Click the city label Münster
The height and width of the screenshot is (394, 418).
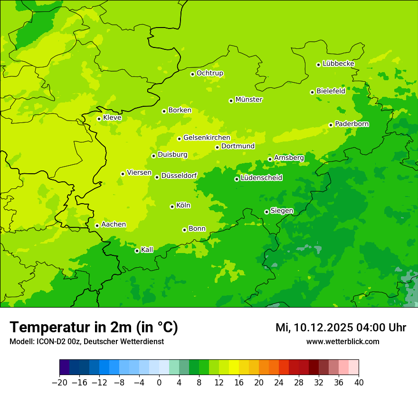tap(249, 100)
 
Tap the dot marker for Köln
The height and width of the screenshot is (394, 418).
tap(172, 206)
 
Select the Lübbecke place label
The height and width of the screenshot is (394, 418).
tap(338, 64)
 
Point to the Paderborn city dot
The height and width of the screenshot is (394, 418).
tap(331, 125)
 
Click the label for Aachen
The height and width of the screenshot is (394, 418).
tap(114, 225)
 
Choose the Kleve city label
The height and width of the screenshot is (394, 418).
tap(112, 118)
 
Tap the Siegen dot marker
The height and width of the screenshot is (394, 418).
tap(266, 212)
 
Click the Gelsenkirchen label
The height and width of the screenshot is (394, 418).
tap(207, 138)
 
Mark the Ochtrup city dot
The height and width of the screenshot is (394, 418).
tap(192, 74)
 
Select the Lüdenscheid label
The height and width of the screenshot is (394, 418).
tap(261, 178)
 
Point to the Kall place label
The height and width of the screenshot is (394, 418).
tap(147, 250)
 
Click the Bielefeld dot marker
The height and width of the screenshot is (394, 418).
tap(312, 92)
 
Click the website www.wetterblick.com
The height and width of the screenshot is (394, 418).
tap(342, 342)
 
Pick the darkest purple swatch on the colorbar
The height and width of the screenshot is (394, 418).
tap(64, 367)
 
